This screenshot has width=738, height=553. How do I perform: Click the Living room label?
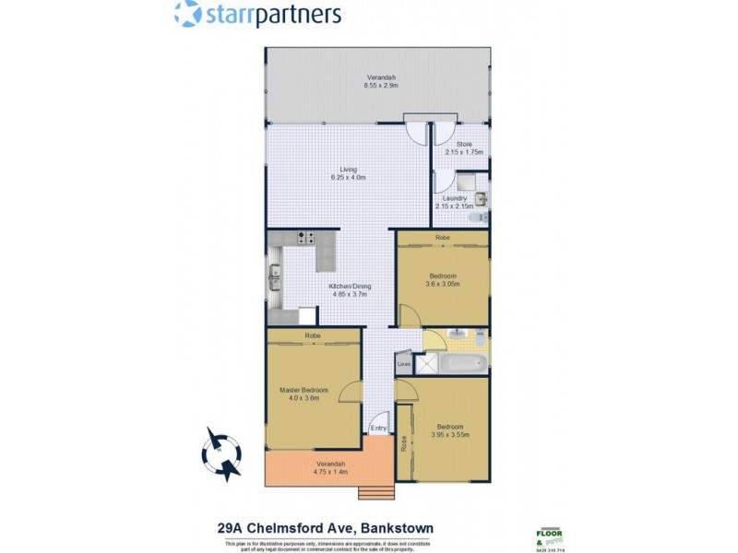(348, 170)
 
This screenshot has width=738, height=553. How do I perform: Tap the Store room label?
(464, 145)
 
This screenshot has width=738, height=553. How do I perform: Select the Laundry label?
(454, 198)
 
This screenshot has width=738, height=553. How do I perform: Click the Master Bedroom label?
(304, 390)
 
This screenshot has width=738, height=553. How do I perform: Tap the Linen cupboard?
(403, 365)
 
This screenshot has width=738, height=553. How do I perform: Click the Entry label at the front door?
(377, 429)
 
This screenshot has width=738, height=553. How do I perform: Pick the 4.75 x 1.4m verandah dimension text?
(329, 472)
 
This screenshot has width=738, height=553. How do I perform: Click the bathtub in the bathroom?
(461, 365)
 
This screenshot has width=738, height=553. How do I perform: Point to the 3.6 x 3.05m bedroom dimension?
(443, 284)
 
